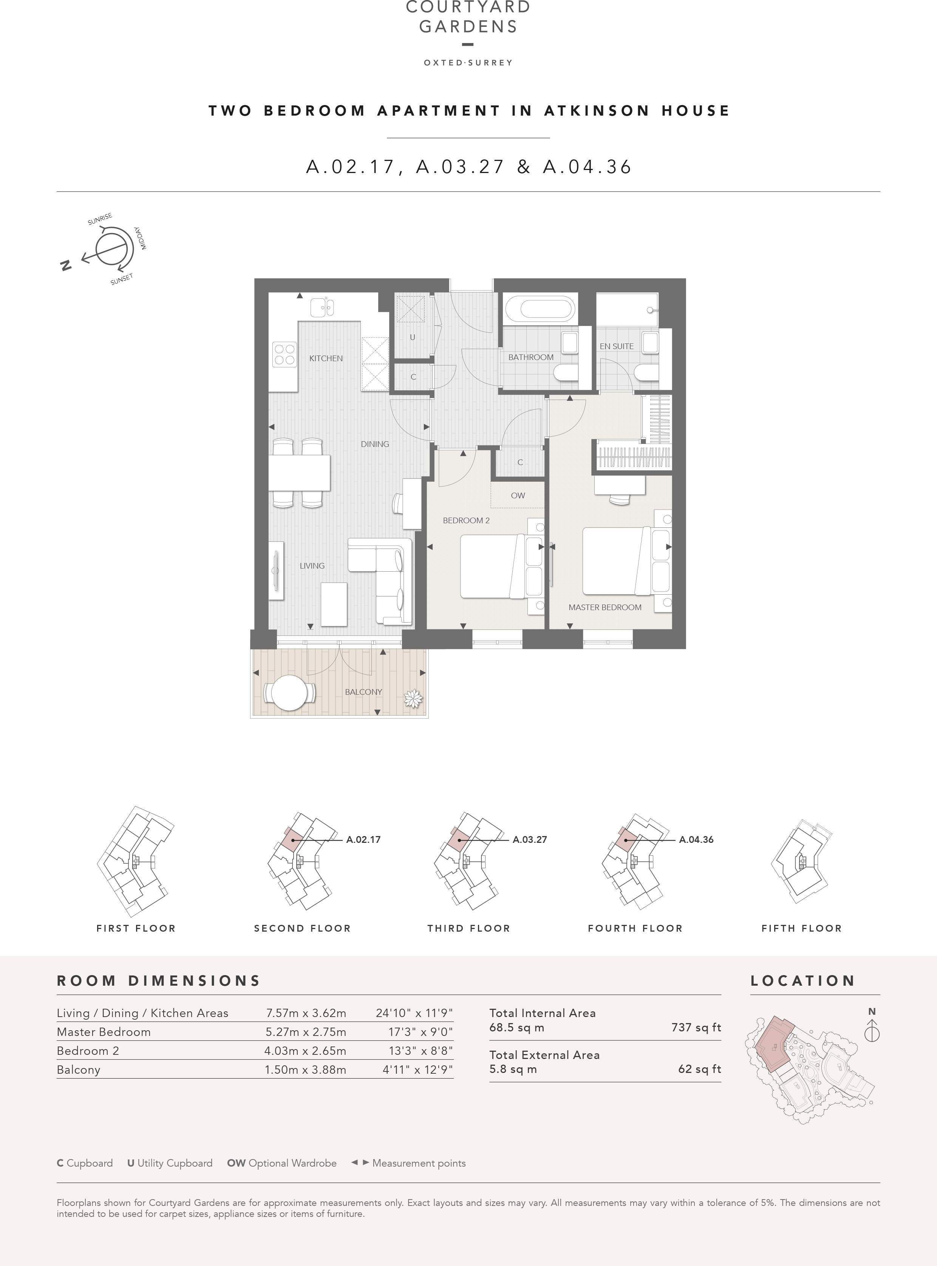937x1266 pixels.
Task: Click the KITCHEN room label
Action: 326,359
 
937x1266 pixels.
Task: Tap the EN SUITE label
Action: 617,346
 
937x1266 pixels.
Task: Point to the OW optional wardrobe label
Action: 518,496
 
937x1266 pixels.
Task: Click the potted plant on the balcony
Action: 413,698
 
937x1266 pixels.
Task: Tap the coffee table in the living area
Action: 334,604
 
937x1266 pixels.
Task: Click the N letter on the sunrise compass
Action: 66,266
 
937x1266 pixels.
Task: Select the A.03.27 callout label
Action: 530,839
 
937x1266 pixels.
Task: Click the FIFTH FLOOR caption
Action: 801,929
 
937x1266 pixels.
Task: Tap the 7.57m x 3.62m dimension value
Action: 306,1013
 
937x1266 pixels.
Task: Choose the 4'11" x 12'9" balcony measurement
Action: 418,1070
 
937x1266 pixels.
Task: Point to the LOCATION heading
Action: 802,981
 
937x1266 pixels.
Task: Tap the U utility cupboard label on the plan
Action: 412,337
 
